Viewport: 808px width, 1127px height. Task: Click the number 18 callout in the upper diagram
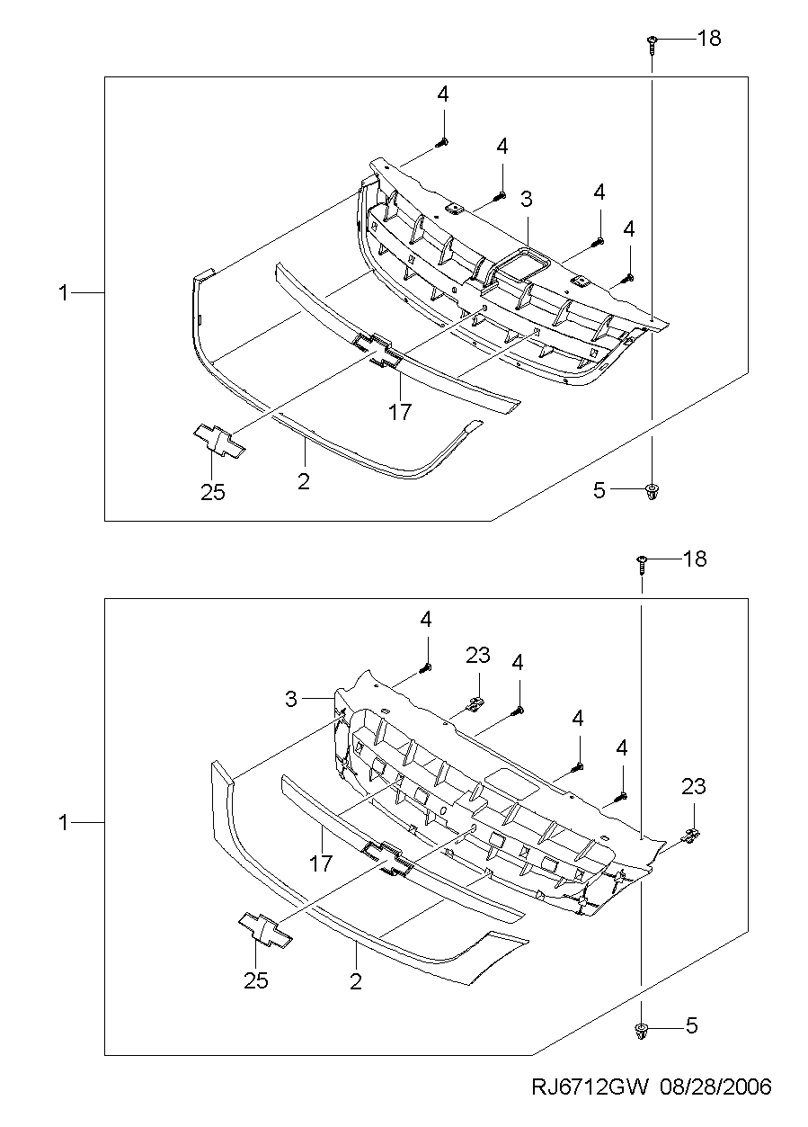click(709, 39)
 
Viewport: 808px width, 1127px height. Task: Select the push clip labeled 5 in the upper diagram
click(652, 493)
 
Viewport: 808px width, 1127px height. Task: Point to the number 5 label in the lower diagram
click(692, 1025)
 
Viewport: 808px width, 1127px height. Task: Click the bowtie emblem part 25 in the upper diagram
click(219, 441)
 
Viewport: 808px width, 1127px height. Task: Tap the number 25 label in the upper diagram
click(213, 492)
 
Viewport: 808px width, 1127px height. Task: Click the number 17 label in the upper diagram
click(400, 412)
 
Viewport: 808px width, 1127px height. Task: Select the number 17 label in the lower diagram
click(321, 863)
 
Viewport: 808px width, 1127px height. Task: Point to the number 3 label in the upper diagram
click(526, 200)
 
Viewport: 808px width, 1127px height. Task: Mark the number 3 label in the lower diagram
click(291, 699)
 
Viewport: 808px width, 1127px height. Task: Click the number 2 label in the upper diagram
click(304, 482)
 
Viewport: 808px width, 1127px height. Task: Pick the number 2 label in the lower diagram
click(356, 981)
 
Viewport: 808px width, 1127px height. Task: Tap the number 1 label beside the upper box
click(63, 293)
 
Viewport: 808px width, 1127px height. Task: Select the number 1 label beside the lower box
click(63, 823)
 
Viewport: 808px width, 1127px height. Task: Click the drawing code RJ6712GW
click(590, 1101)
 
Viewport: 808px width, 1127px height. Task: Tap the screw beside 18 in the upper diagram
click(652, 45)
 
